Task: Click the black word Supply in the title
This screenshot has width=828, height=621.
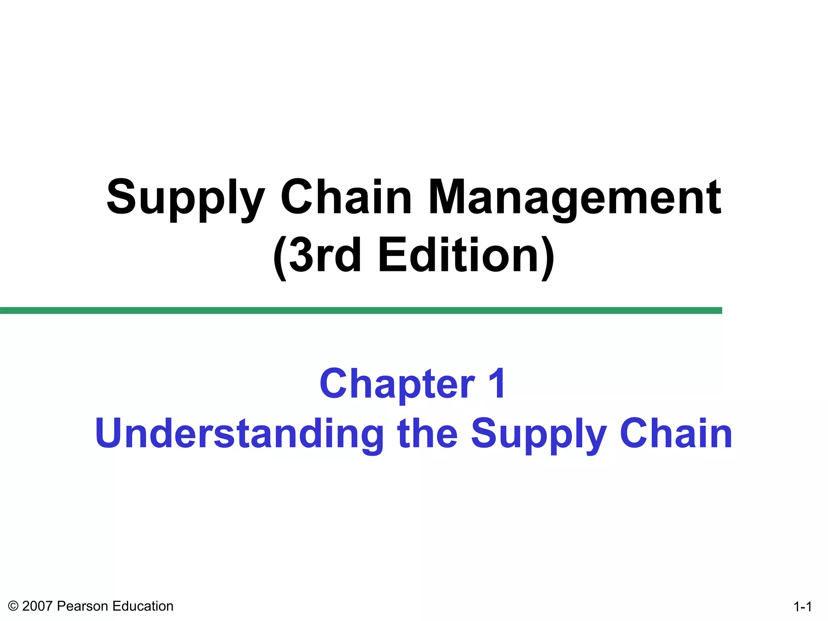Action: [186, 198]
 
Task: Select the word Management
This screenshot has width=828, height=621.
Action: [575, 198]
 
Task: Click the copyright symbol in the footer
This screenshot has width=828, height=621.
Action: [13, 606]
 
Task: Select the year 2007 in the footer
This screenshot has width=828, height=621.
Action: [37, 606]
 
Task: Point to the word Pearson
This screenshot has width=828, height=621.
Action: [83, 606]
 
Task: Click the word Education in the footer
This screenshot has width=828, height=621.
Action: [143, 606]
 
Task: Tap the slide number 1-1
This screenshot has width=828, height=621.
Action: [803, 607]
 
